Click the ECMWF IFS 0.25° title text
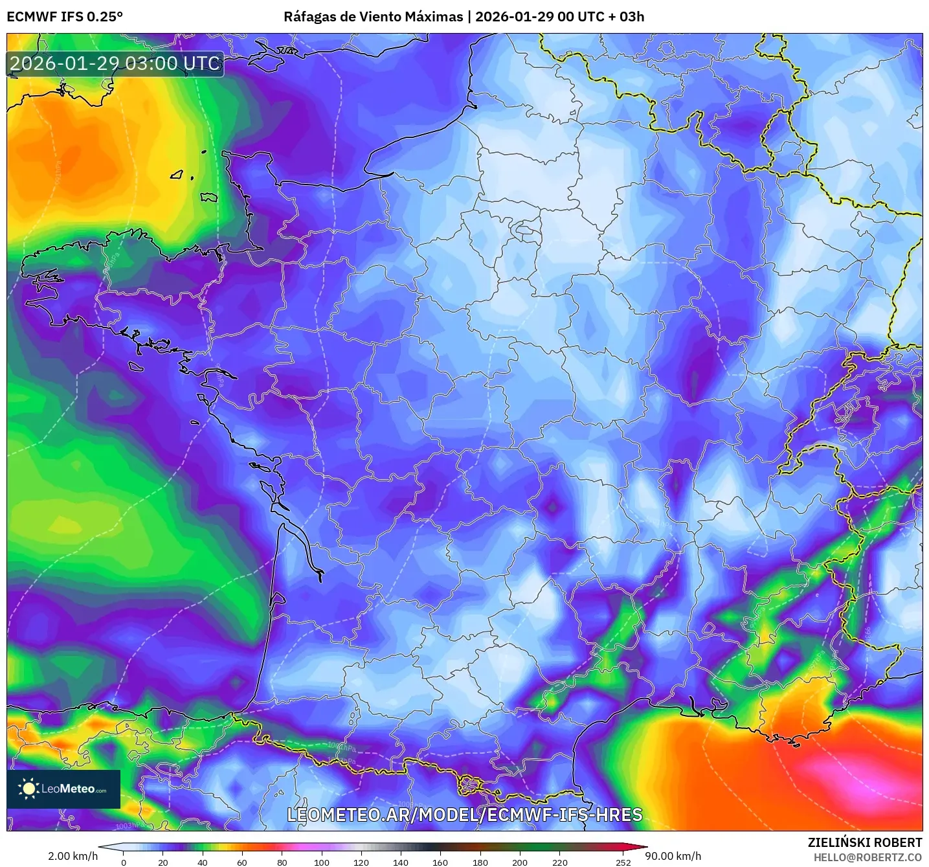click(x=65, y=17)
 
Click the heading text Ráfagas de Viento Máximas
click(x=373, y=17)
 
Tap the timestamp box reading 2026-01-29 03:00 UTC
click(x=115, y=64)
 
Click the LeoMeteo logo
click(x=63, y=789)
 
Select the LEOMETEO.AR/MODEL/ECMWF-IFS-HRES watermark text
click(x=464, y=815)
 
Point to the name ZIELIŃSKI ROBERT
click(x=865, y=842)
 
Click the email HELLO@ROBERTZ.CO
click(x=867, y=857)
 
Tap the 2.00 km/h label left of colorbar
click(x=73, y=856)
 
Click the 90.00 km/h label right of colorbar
click(x=673, y=856)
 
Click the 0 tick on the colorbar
click(x=124, y=862)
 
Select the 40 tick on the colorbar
click(x=203, y=862)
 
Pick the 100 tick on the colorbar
click(x=322, y=862)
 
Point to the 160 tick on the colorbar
click(x=440, y=862)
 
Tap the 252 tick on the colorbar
click(x=623, y=862)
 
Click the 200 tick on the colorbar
click(x=520, y=862)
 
